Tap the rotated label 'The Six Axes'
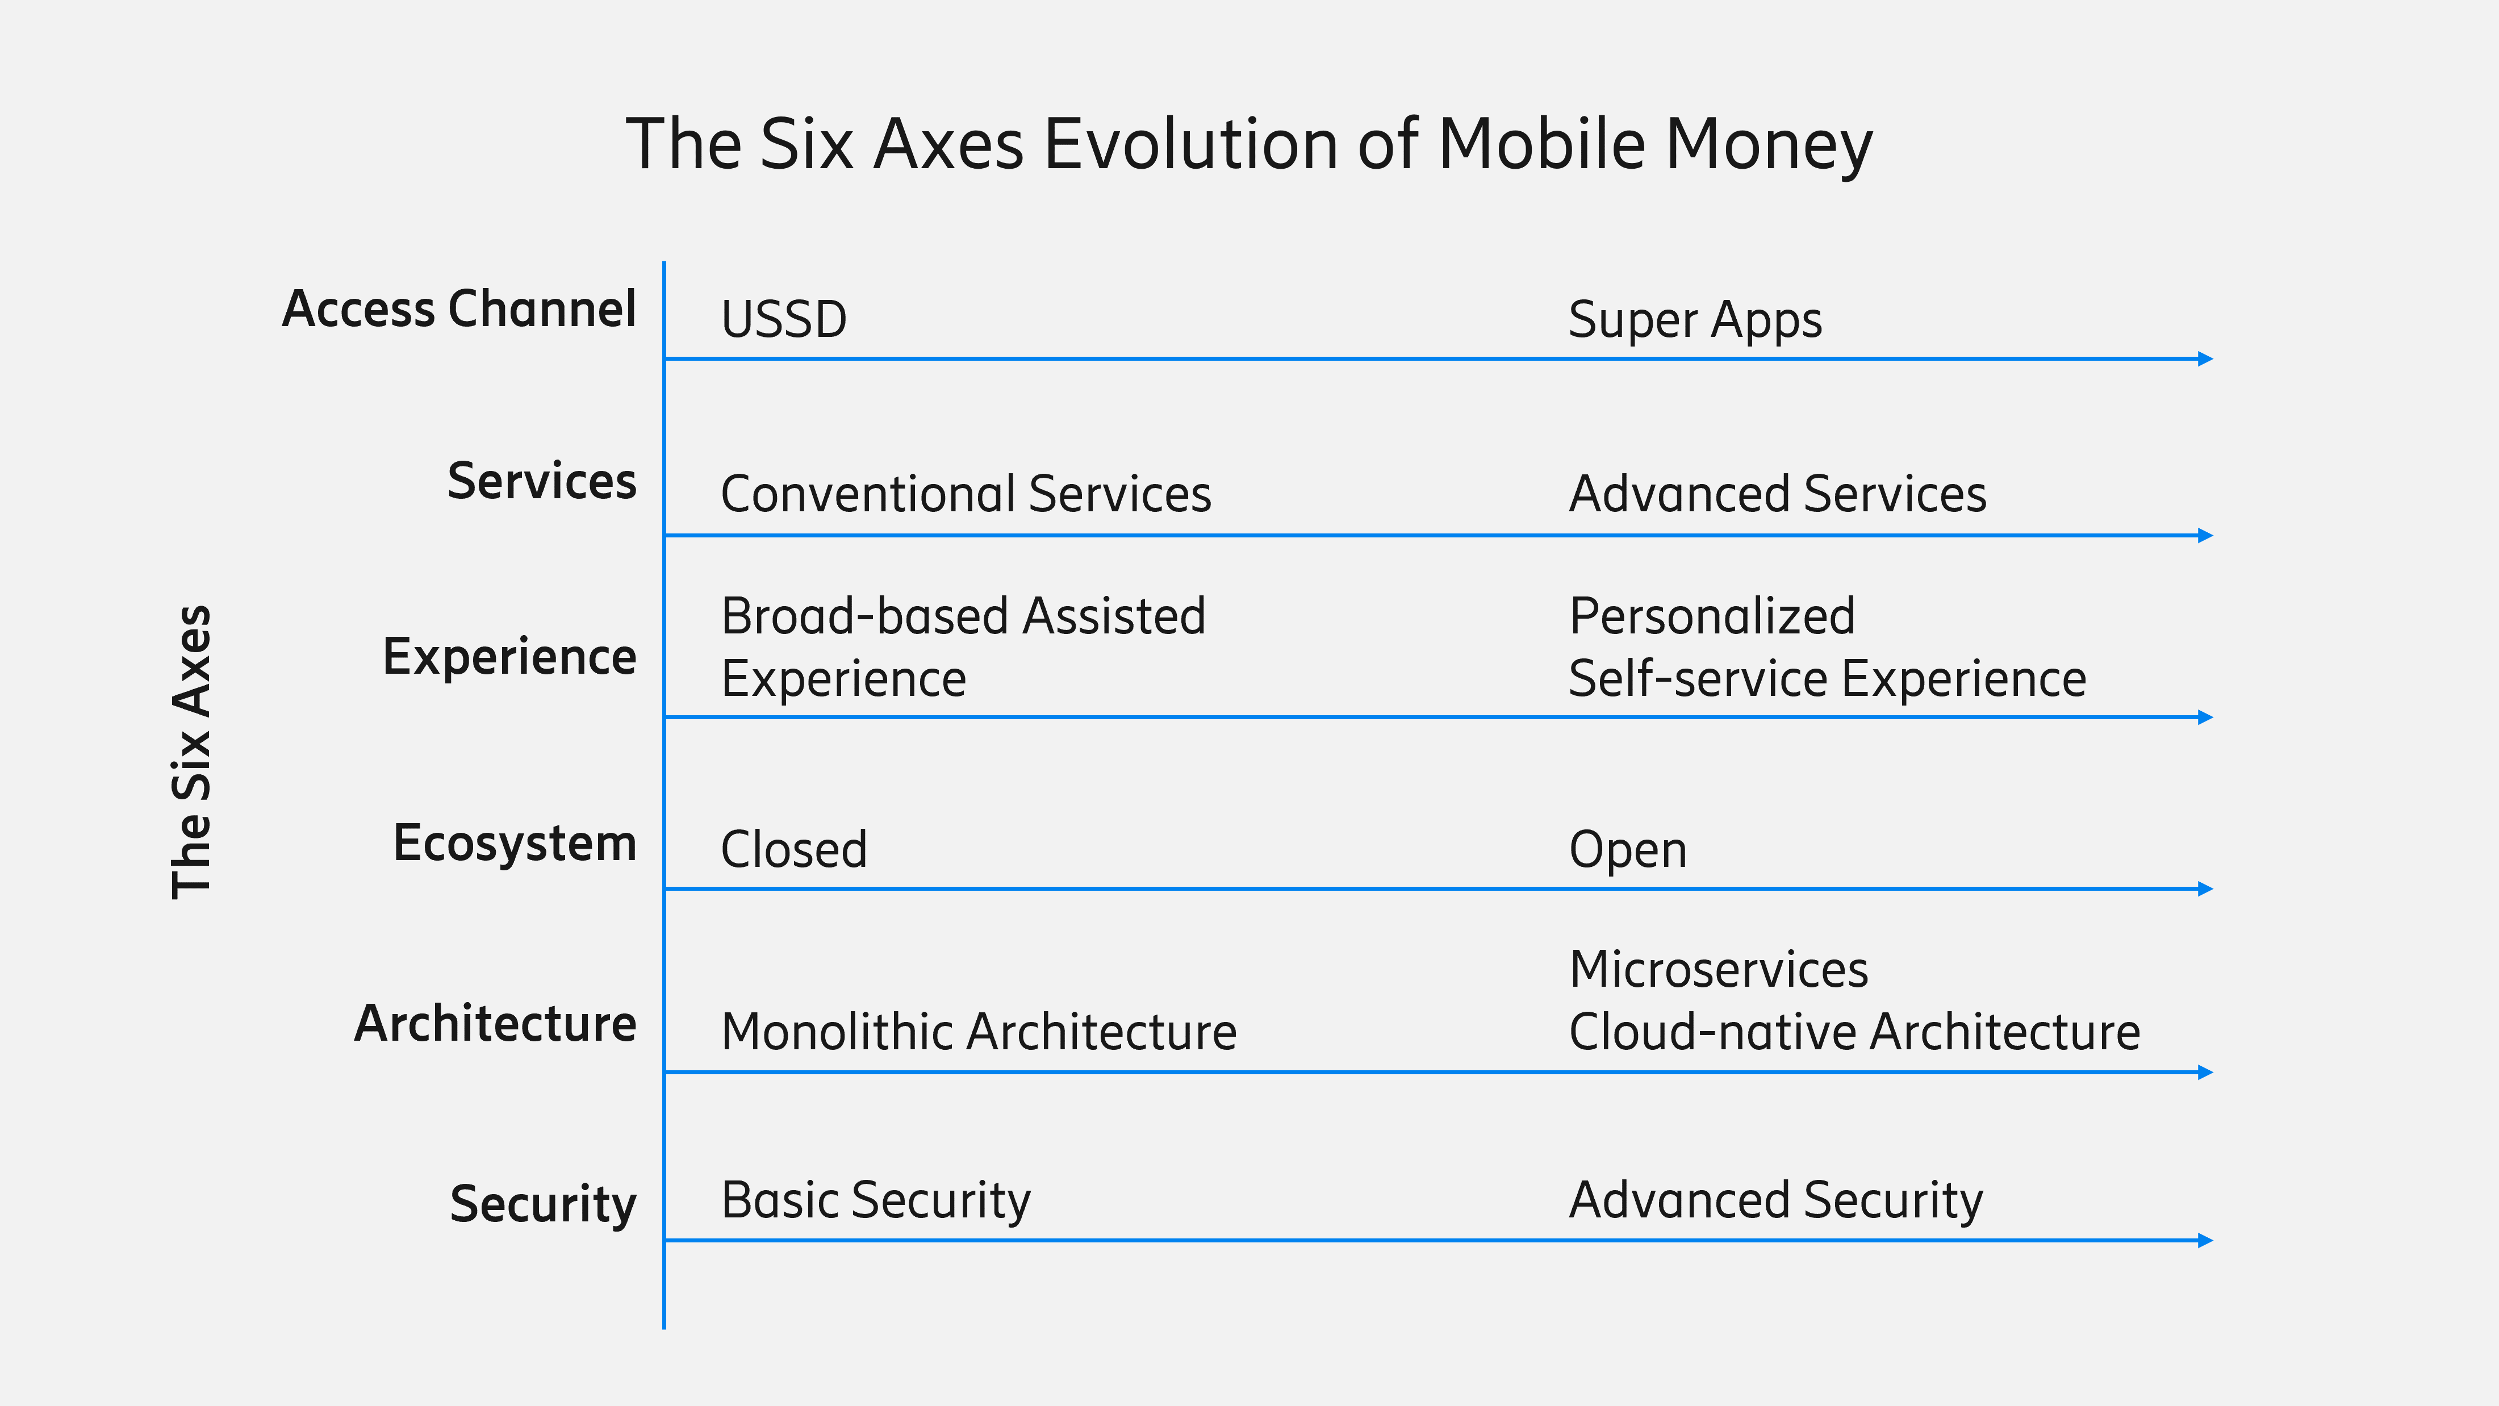click(191, 752)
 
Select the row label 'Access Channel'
click(459, 310)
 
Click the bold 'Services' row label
click(541, 481)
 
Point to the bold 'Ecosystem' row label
click(514, 843)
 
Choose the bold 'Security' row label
click(544, 1204)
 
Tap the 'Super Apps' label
click(1695, 320)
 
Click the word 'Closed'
click(793, 849)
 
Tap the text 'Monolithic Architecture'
click(979, 1032)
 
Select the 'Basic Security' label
click(876, 1201)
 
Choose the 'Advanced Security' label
click(1776, 1201)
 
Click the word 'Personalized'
click(1712, 616)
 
